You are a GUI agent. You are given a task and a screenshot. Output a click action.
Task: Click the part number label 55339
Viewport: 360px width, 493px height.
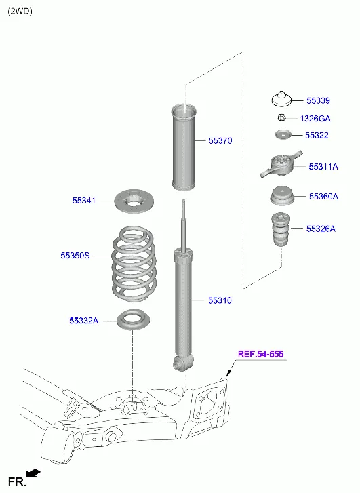317,100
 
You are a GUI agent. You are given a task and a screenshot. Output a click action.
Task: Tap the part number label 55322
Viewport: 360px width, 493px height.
316,135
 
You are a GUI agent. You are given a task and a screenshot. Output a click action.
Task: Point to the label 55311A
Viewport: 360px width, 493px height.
323,166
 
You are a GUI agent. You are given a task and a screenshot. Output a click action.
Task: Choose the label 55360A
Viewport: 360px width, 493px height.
323,196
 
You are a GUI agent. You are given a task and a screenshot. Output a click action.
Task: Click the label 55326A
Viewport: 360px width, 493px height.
320,229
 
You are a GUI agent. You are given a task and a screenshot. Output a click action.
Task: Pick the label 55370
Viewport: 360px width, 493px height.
220,141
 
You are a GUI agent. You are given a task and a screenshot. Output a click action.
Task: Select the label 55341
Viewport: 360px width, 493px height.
84,201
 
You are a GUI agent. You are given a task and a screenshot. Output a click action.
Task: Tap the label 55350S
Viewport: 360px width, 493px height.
75,256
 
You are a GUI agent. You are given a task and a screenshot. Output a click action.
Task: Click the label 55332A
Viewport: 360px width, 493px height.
83,320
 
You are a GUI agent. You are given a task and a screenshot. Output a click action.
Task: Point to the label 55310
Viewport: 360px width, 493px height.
220,300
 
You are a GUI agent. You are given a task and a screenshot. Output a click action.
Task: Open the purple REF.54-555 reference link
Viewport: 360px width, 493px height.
260,354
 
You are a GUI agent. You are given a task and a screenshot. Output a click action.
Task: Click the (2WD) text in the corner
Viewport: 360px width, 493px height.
20,11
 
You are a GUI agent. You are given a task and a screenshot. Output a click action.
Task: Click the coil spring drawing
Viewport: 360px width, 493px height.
134,264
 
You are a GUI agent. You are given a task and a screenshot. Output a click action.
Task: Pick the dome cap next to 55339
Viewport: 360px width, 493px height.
283,99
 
